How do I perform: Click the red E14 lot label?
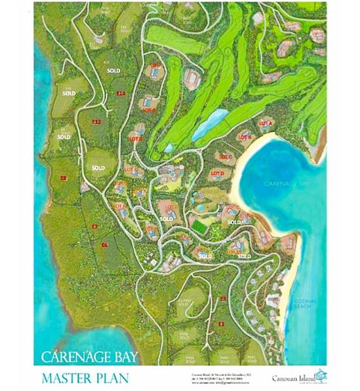[x=121, y=94]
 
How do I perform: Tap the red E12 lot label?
[x=96, y=122]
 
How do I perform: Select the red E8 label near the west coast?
[x=64, y=178]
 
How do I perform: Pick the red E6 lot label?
[x=104, y=244]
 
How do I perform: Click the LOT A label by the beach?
[x=265, y=123]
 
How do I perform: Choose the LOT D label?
[x=218, y=173]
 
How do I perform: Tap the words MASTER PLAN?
[x=85, y=378]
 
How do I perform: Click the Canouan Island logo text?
[x=294, y=377]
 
